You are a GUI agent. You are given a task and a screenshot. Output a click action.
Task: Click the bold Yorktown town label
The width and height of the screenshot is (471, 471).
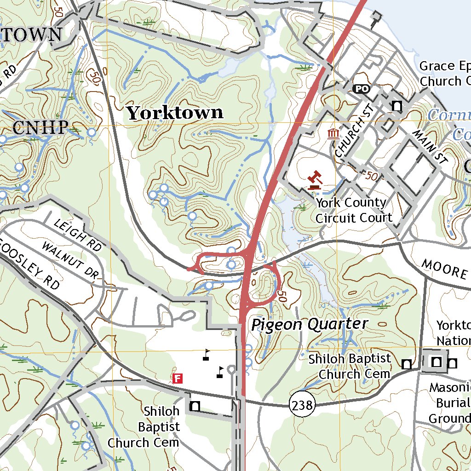175,113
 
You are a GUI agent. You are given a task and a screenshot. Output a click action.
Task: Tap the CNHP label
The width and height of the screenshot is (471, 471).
40,128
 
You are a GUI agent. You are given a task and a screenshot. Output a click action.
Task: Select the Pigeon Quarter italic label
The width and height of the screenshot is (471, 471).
310,324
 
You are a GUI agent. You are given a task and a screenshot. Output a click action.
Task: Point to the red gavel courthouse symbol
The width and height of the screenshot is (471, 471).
315,180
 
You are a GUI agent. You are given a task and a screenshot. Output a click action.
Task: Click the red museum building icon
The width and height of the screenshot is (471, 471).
333,134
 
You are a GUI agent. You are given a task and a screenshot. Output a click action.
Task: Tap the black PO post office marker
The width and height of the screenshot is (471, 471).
362,88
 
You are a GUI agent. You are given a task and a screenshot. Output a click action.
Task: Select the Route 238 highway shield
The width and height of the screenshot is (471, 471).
302,405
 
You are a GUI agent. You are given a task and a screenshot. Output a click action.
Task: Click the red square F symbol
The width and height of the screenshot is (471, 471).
178,379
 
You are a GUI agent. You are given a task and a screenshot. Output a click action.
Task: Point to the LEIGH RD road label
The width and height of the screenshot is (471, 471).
78,235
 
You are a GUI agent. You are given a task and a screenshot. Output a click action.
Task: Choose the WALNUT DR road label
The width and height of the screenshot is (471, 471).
70,260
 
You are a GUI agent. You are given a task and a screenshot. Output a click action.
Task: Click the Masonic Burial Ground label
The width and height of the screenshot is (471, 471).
449,403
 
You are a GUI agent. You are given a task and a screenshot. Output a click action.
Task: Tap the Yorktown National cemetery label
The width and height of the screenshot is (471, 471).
454,333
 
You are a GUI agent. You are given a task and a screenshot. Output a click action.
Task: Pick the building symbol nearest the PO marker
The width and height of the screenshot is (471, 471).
396,106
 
